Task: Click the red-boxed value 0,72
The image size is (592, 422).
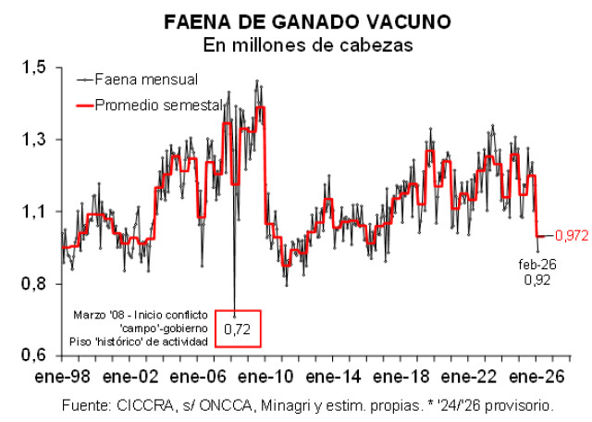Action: tap(239, 329)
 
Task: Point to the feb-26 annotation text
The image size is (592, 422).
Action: tap(536, 266)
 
